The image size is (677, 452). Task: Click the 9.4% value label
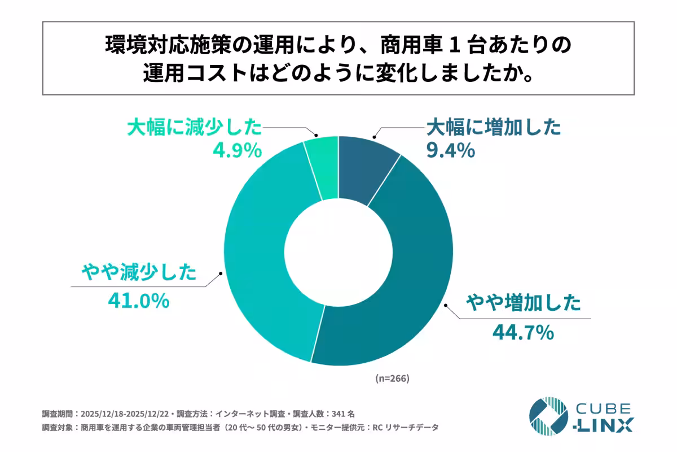450,151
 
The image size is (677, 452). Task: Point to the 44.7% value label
522,333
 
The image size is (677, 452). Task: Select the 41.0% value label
138,301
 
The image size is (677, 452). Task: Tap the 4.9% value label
236,151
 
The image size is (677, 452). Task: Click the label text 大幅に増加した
494,128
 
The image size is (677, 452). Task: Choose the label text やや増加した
522,304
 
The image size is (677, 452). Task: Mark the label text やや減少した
139,273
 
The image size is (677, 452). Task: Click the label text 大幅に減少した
195,128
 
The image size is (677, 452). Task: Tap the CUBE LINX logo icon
548,417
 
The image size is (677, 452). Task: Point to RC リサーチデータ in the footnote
405,428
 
